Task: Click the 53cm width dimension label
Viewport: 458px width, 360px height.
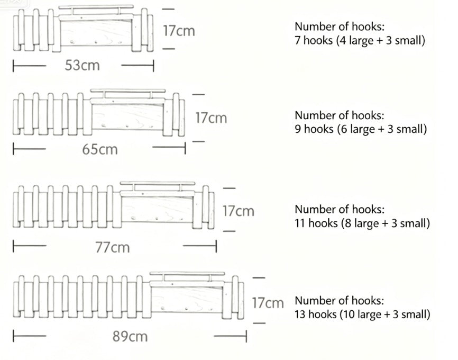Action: pos(82,65)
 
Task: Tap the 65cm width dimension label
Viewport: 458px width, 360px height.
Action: pos(100,149)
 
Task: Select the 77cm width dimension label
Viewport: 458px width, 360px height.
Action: pos(113,247)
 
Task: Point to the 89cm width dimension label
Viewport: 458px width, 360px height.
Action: pos(130,336)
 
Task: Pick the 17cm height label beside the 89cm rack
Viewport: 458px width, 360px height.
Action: pos(268,303)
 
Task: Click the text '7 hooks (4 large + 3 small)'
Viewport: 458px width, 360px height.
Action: pos(360,40)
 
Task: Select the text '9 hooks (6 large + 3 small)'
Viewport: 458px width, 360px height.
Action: pos(361,129)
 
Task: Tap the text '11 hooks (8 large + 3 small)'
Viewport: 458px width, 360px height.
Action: pos(362,223)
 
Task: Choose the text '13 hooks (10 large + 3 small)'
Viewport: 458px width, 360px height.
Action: pos(362,314)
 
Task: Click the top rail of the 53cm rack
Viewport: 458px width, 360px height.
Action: pos(96,7)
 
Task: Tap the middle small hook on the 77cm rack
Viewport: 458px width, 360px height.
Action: pos(157,219)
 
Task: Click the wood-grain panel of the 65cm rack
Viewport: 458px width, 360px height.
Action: pos(127,116)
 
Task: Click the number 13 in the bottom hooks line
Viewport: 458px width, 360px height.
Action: pos(300,314)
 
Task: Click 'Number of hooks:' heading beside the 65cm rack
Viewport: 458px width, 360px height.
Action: pos(340,115)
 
